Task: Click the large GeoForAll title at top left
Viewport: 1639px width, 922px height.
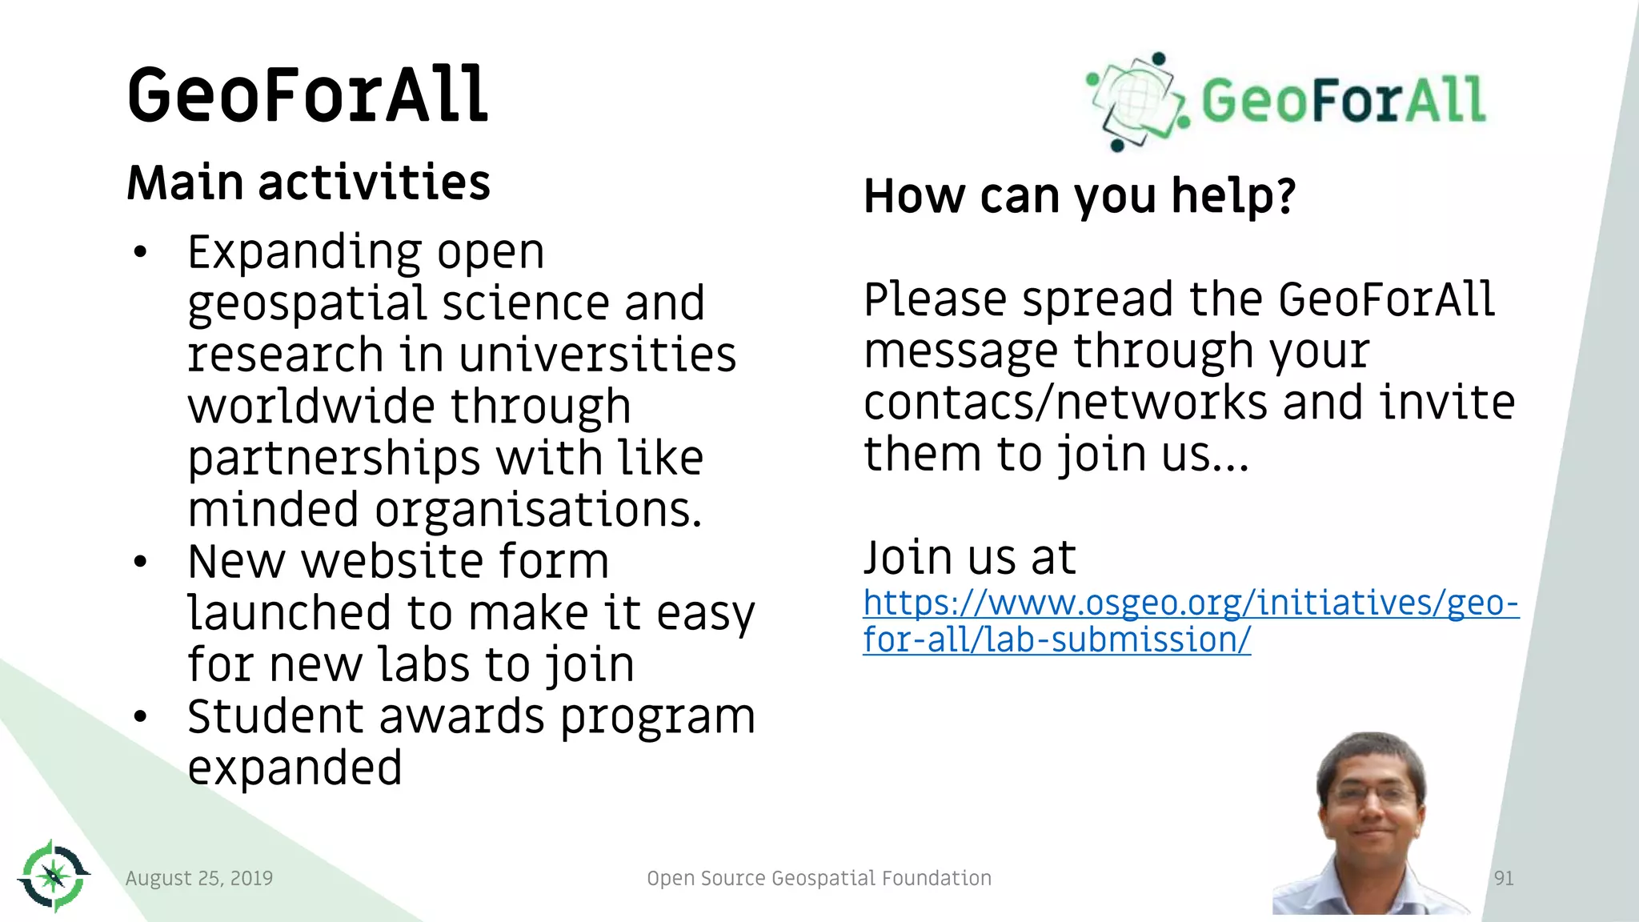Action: click(x=307, y=95)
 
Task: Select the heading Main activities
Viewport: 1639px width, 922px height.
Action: click(x=308, y=182)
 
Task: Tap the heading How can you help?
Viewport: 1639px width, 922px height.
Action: click(x=1079, y=196)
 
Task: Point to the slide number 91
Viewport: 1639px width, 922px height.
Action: click(x=1504, y=878)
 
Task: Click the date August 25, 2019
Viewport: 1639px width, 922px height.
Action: click(x=199, y=878)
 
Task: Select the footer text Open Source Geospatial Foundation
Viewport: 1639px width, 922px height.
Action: click(x=819, y=878)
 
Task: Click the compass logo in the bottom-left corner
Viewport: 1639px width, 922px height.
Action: click(x=54, y=876)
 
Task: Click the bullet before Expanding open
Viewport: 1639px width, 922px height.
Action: click(x=141, y=252)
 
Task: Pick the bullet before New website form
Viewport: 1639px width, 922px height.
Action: click(x=141, y=562)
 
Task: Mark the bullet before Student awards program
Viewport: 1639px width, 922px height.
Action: click(x=141, y=716)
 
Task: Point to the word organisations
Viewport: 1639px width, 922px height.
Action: click(x=538, y=510)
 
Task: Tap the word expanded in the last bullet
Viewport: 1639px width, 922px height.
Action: click(x=295, y=768)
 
